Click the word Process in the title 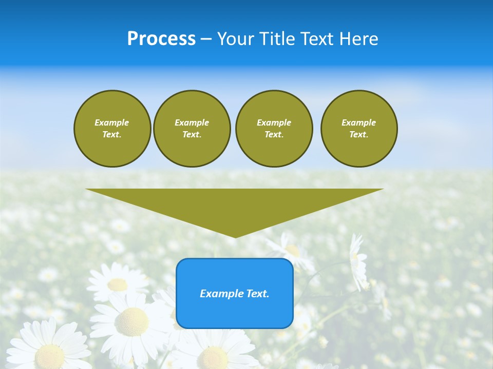click(x=161, y=39)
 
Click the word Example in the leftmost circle click(x=112, y=122)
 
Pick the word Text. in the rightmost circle click(x=359, y=134)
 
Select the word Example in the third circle click(x=274, y=122)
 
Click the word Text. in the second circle click(x=192, y=134)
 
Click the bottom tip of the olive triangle click(x=235, y=237)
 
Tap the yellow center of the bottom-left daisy click(x=50, y=356)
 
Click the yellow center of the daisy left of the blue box click(x=131, y=322)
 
